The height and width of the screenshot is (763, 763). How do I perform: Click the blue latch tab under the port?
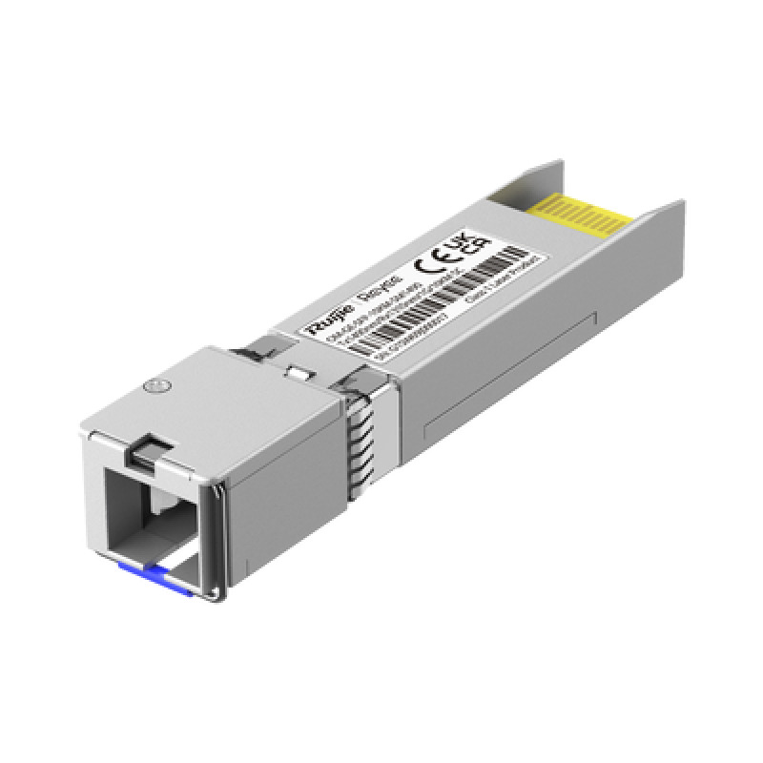[149, 572]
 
